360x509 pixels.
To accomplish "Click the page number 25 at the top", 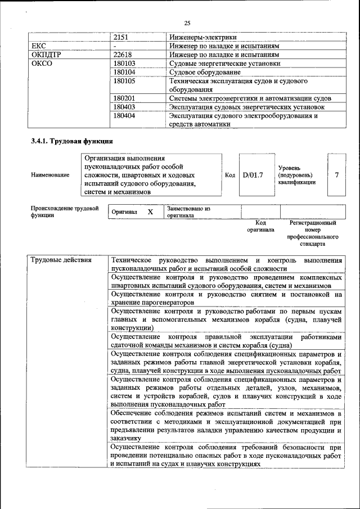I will (187, 22).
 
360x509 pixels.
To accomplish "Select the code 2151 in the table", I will (121, 37).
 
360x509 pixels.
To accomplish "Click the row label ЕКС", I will (39, 46).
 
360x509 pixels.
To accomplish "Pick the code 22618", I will (123, 55).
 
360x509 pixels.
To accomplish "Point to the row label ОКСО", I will (42, 64).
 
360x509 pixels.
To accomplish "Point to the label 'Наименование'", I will (51, 175).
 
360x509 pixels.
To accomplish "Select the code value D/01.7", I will (253, 175).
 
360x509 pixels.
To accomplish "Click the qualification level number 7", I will (336, 175).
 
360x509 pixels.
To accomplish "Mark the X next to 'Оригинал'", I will (150, 212).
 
